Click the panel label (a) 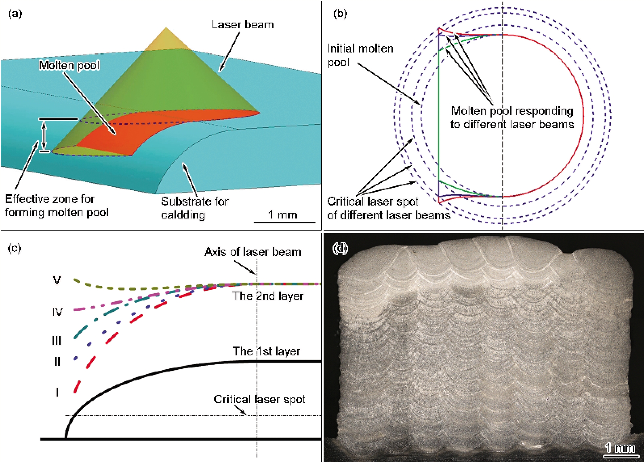click(x=15, y=14)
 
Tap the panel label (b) click(x=340, y=14)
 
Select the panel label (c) click(x=15, y=248)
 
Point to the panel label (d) click(x=340, y=248)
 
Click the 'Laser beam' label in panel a click(x=243, y=25)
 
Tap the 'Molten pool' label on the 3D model click(x=69, y=65)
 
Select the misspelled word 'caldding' click(x=183, y=215)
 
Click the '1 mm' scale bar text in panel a click(x=282, y=214)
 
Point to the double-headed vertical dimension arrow click(x=44, y=135)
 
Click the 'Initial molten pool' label click(x=360, y=55)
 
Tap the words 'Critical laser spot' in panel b click(x=373, y=202)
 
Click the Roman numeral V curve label click(x=57, y=280)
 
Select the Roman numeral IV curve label click(x=57, y=312)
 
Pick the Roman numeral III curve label click(x=56, y=341)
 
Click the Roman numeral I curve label click(x=57, y=392)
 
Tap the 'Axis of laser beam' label click(x=253, y=252)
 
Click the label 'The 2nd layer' click(x=268, y=296)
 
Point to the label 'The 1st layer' click(x=267, y=351)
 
